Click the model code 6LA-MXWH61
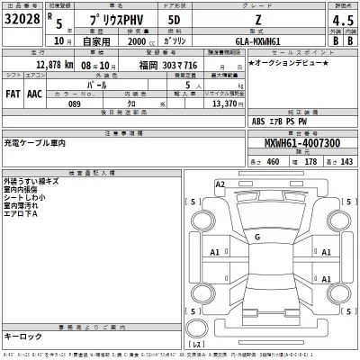click(x=264, y=41)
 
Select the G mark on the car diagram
click(x=258, y=237)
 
